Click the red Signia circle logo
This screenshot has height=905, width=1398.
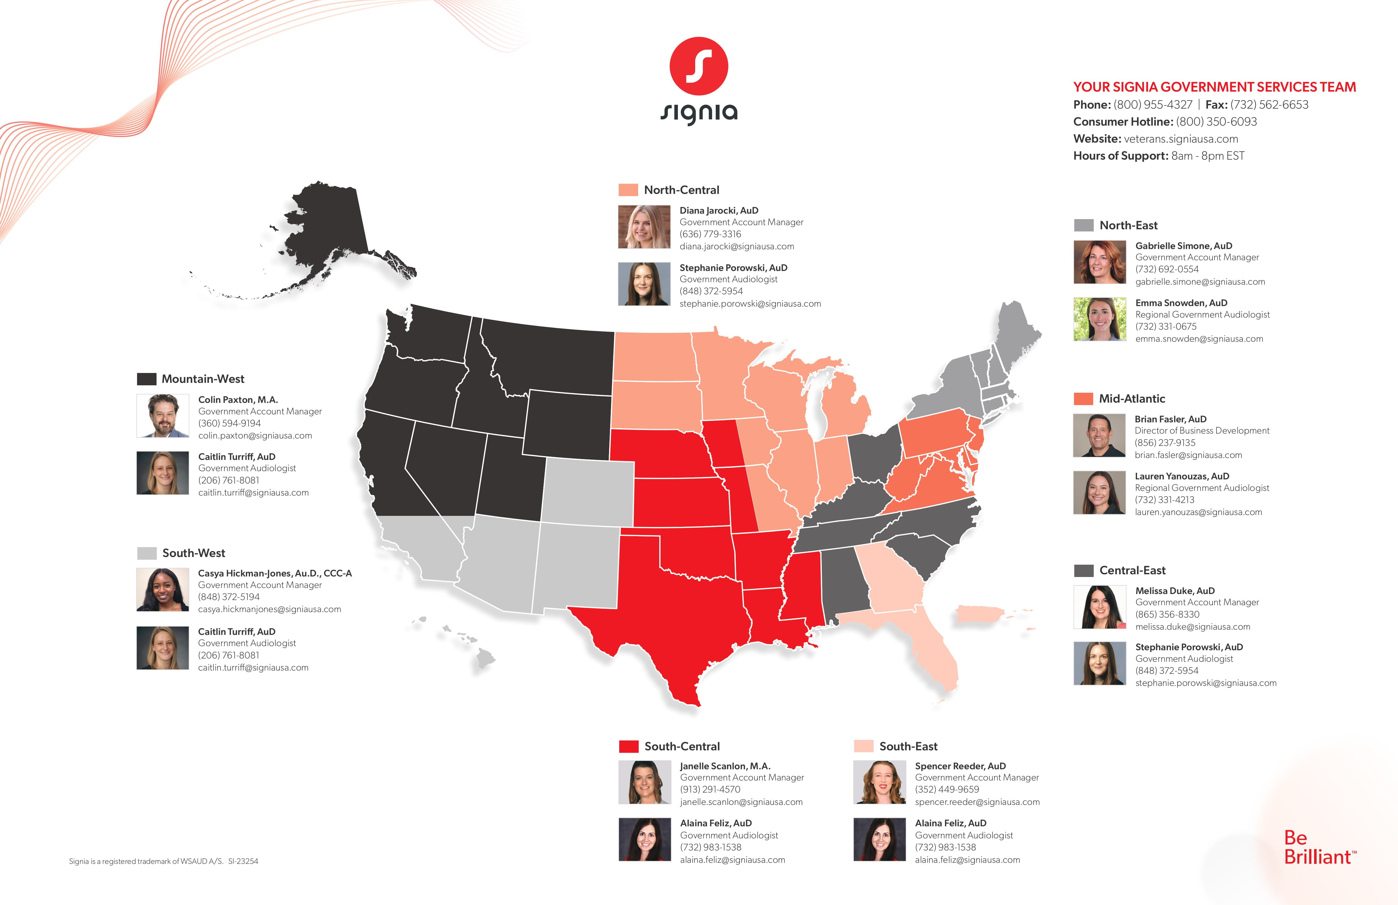coord(698,66)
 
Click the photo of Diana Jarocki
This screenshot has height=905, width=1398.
coord(644,227)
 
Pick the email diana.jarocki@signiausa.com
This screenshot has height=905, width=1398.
coord(737,246)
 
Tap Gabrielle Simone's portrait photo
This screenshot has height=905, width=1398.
coord(1099,262)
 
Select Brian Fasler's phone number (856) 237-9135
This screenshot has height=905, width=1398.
coord(1165,443)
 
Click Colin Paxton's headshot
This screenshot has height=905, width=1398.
coord(163,415)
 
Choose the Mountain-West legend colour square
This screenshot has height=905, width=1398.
coord(146,379)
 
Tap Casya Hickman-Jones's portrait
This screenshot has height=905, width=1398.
coord(163,589)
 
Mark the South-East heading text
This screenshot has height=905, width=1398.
coord(908,746)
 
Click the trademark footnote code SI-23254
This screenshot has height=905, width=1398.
coord(243,861)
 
